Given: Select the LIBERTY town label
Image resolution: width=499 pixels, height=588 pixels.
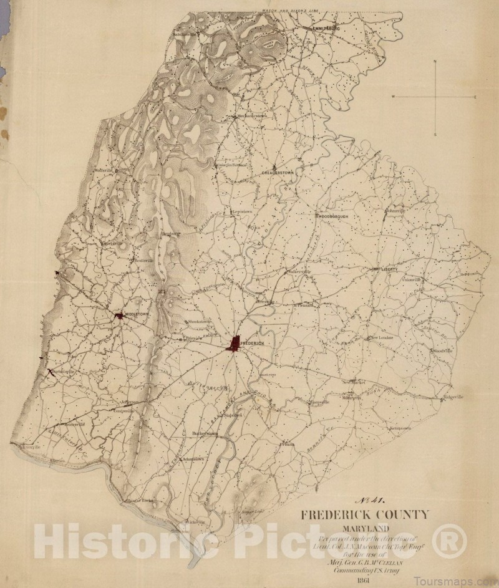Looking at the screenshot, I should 389,269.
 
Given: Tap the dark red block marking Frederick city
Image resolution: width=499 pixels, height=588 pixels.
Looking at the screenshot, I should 235,344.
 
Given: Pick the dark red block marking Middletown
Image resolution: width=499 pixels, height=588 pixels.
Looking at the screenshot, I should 119,316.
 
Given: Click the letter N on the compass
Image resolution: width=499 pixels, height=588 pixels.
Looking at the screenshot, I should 435,62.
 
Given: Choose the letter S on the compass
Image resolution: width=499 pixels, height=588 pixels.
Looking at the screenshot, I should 435,134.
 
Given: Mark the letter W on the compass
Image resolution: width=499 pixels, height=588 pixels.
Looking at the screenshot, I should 394,98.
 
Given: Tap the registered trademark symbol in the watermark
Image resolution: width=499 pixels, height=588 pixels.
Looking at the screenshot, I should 448,541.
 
